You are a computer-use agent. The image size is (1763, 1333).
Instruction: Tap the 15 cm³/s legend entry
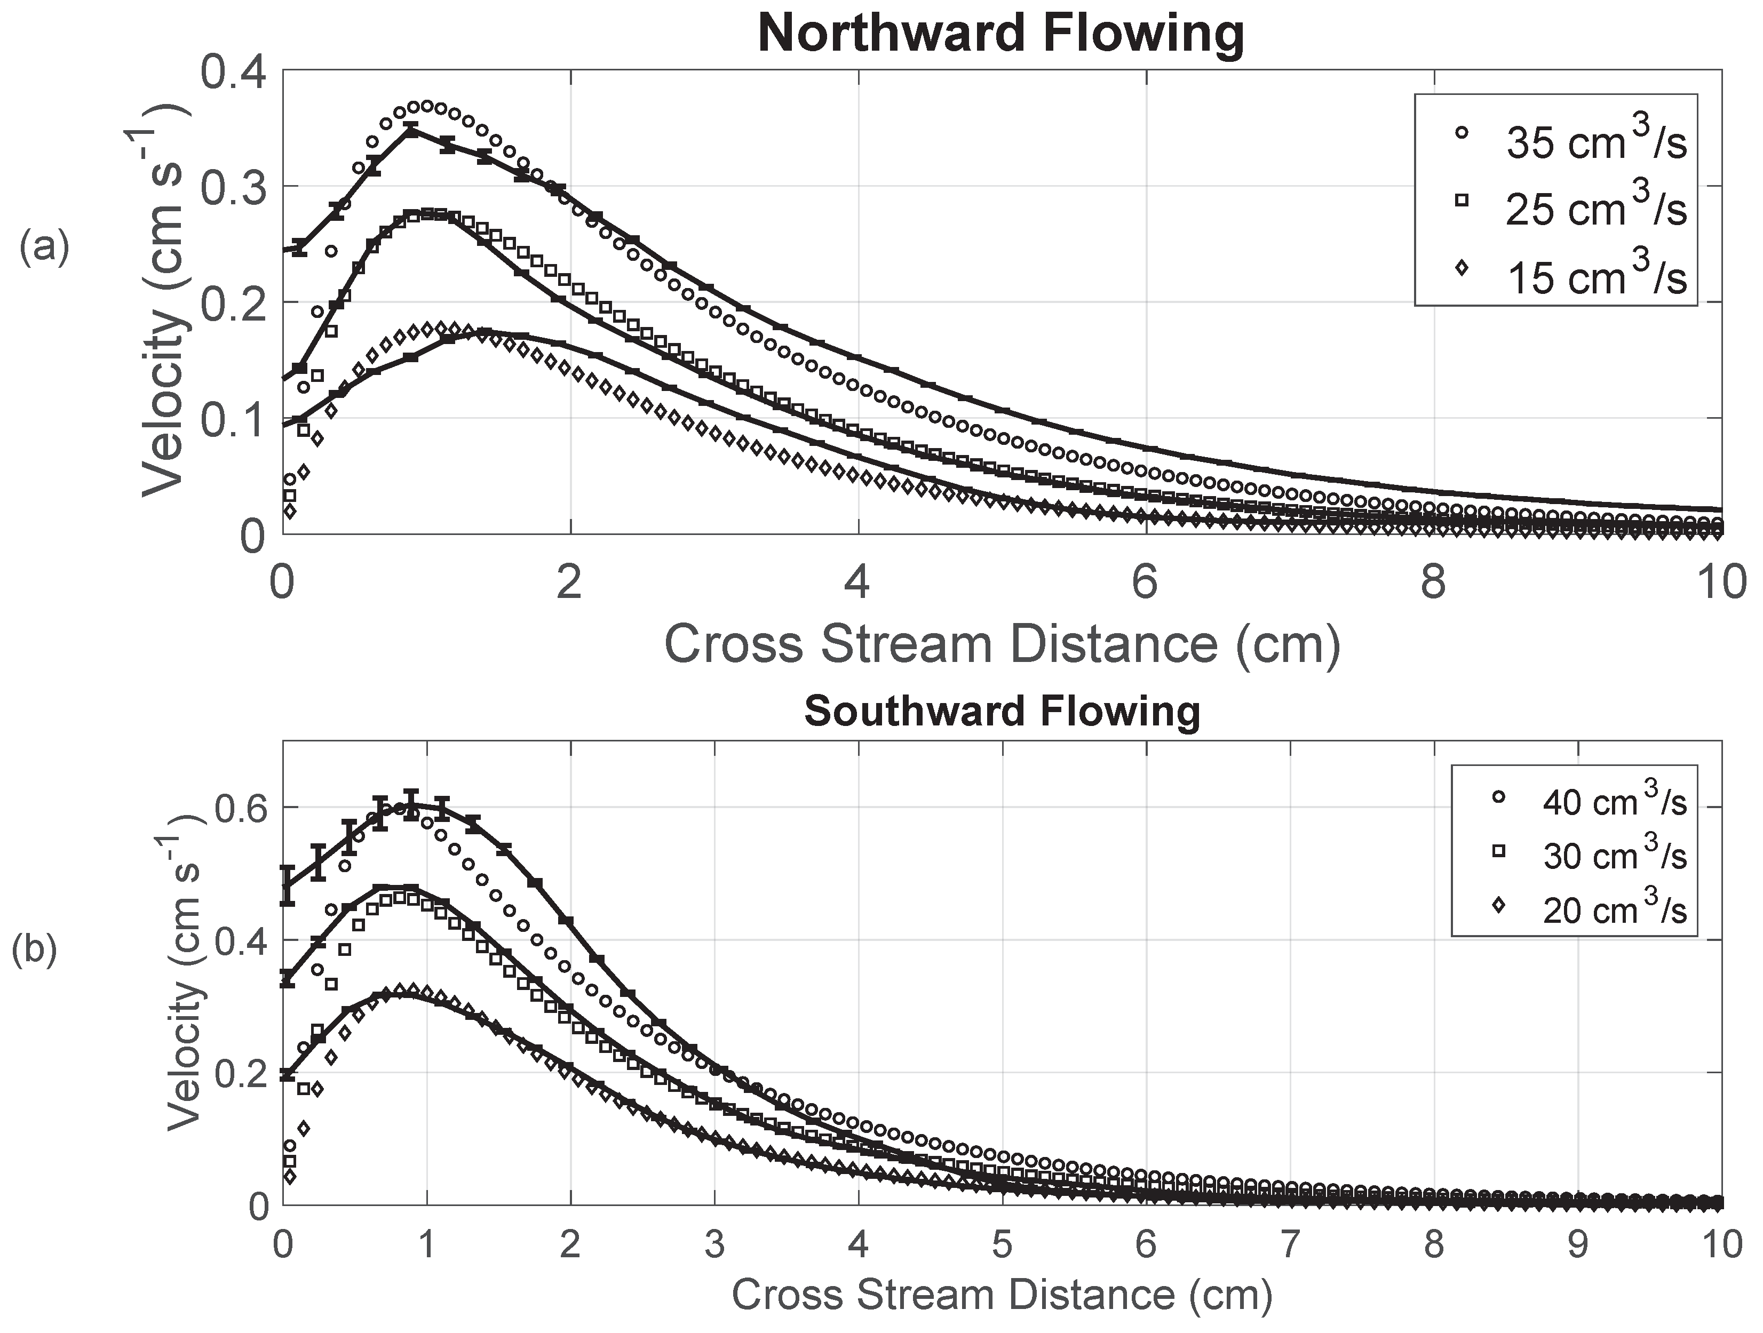point(1574,276)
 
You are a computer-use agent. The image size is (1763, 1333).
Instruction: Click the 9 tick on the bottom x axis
point(1577,1244)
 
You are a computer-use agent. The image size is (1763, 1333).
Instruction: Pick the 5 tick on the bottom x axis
point(1002,1244)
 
